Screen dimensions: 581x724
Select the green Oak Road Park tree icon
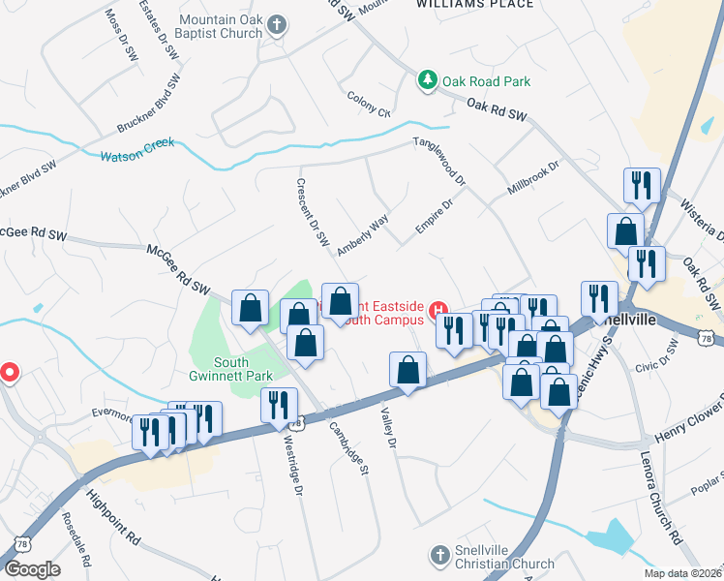427,81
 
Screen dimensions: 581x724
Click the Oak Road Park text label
487,82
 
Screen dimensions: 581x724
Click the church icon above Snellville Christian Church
438,555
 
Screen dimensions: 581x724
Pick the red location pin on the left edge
9,372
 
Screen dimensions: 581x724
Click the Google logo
33,569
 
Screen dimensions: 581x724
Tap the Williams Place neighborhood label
474,4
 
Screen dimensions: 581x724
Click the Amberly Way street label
362,234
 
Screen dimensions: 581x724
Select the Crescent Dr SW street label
313,212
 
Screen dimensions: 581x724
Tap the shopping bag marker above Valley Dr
407,370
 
